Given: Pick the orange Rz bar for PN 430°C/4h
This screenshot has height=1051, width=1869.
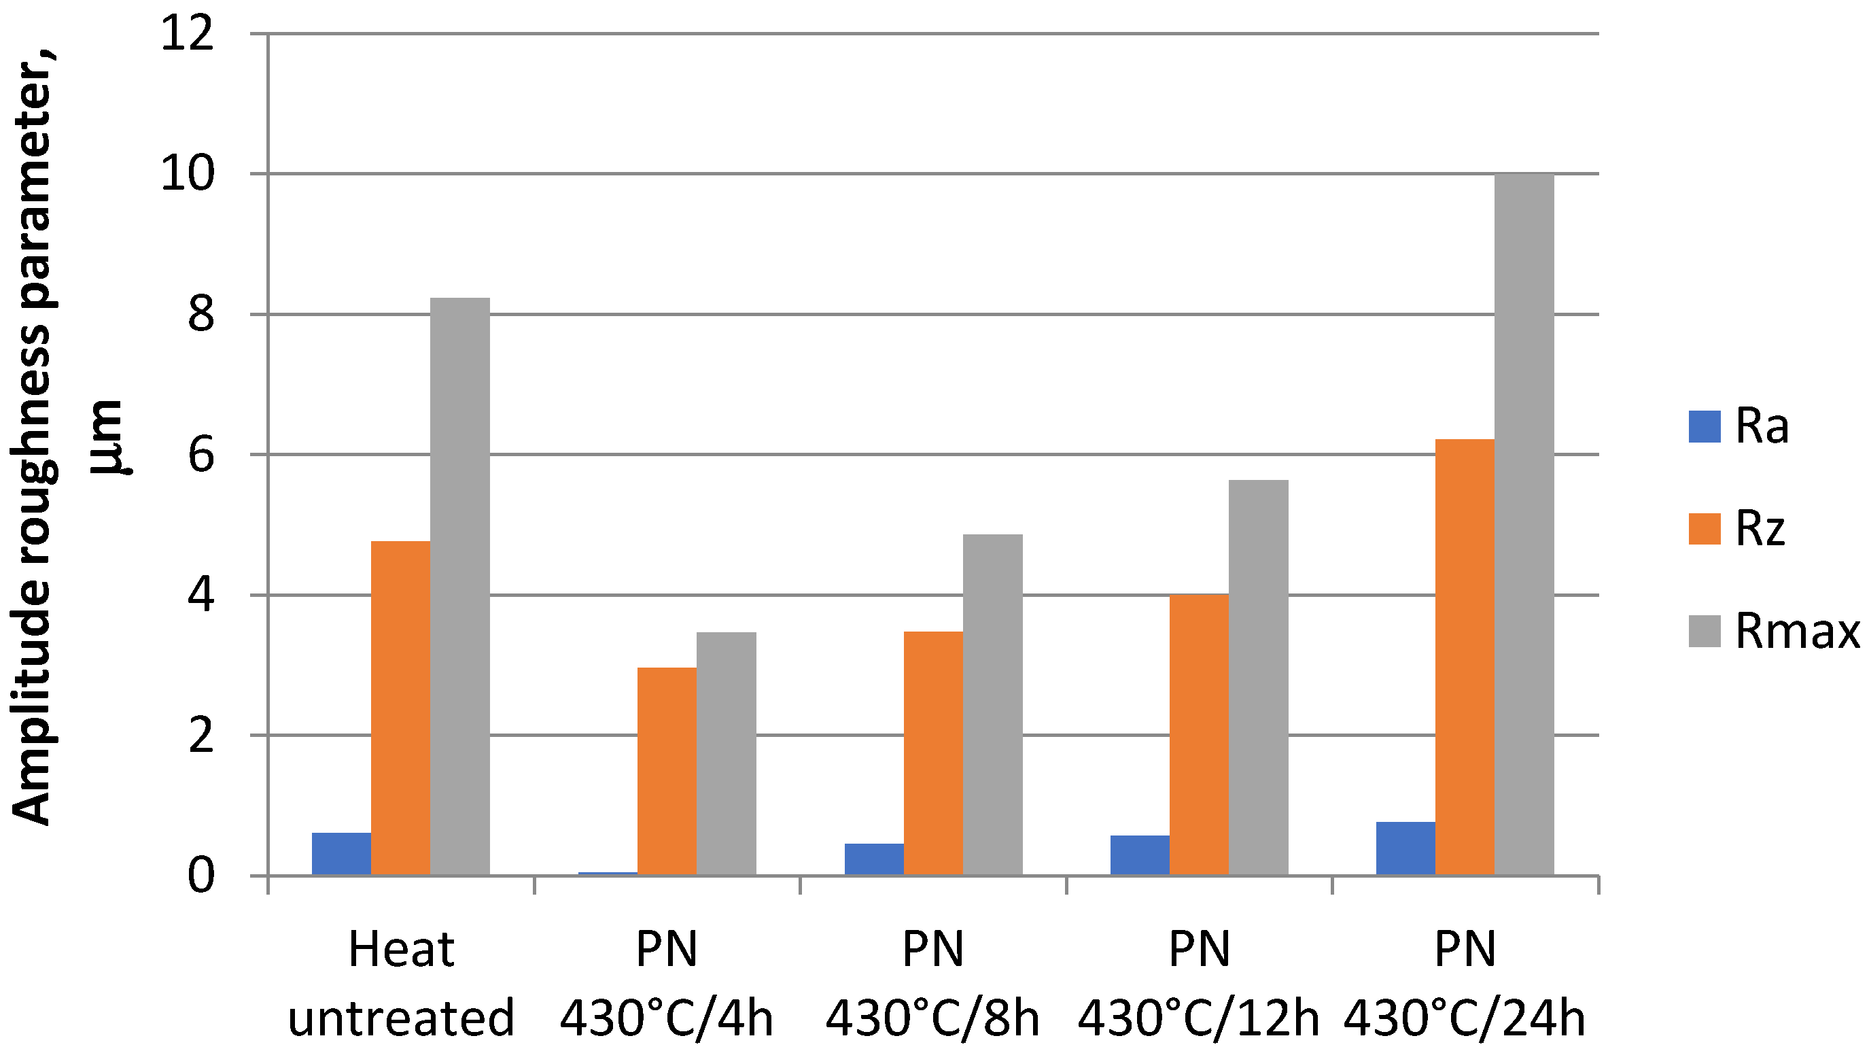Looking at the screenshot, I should coord(667,771).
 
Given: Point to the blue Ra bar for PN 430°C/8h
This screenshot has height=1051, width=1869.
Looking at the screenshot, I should coord(873,859).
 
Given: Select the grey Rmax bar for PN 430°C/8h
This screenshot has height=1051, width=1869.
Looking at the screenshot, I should coord(992,705).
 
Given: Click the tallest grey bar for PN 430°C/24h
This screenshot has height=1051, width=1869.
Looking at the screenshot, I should coord(1524,524).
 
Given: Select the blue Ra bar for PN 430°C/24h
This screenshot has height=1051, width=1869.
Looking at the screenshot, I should coord(1405,848).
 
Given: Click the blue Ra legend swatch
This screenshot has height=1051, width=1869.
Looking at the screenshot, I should coord(1705,427).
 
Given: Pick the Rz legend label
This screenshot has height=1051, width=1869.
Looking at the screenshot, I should coord(1760,529).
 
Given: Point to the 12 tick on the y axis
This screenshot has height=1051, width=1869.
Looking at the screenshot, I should coord(188,34).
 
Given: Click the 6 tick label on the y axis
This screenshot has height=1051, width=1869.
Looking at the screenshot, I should coord(201,455).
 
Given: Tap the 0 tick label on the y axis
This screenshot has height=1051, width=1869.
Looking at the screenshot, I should coord(201,876).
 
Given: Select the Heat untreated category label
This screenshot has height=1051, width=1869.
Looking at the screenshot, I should coord(400,984).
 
